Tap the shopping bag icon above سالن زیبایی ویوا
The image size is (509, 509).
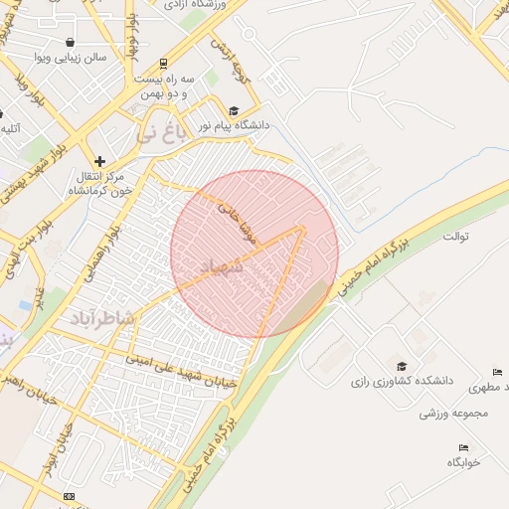(71, 43)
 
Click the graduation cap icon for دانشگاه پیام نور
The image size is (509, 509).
(234, 111)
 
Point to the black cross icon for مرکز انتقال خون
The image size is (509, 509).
(99, 160)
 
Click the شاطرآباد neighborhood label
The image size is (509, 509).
(103, 317)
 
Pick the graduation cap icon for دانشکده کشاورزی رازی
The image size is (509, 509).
(401, 366)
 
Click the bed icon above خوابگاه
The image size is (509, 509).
(463, 447)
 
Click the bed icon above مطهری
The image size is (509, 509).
(499, 370)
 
